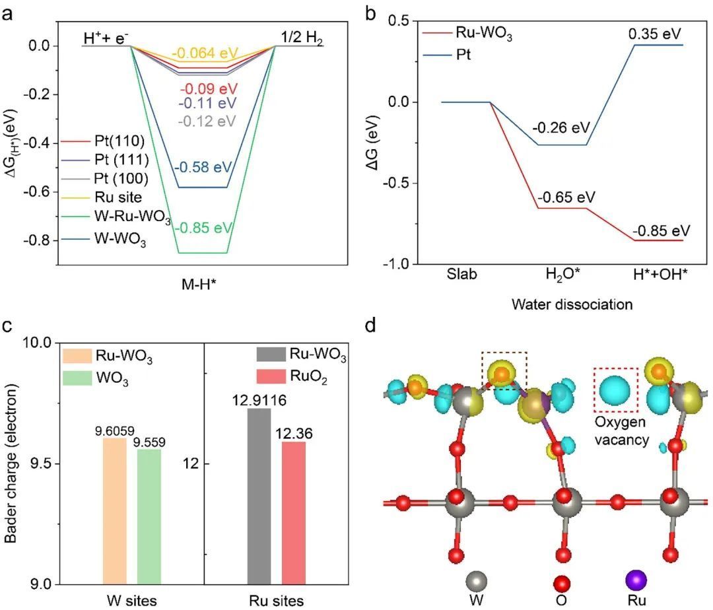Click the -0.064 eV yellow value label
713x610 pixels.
pos(203,53)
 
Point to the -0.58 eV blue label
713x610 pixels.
pos(203,166)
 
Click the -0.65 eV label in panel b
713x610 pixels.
pos(566,197)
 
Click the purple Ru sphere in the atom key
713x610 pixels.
pos(636,581)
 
